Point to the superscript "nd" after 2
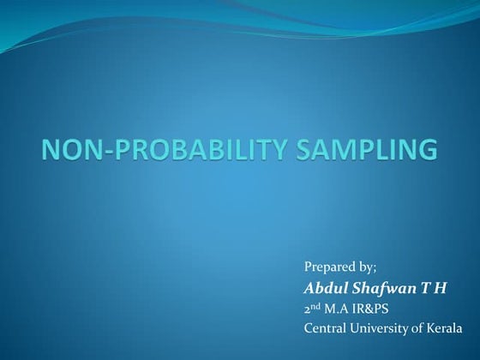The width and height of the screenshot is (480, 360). pos(317,304)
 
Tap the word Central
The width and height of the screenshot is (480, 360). pos(326,327)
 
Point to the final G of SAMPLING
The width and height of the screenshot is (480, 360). pos(425,151)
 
